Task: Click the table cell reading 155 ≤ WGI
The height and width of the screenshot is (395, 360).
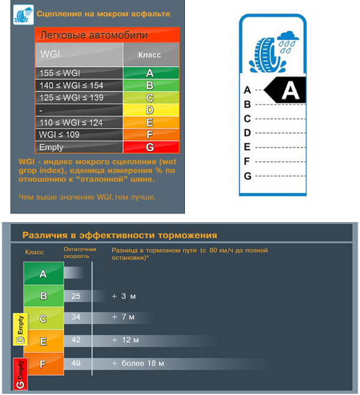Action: [x=79, y=73]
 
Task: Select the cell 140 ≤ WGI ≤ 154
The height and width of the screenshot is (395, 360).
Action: [x=79, y=85]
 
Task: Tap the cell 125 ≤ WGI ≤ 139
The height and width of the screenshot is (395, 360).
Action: [x=79, y=98]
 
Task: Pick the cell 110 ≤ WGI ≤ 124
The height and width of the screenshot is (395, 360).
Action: [x=79, y=122]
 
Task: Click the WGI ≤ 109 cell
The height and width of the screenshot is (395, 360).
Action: [x=79, y=135]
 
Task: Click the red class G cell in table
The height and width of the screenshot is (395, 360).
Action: [x=149, y=147]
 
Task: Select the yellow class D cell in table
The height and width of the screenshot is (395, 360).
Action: [x=149, y=110]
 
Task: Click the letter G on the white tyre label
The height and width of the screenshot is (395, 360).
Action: [x=247, y=176]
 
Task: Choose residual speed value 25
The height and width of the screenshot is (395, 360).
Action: [x=76, y=296]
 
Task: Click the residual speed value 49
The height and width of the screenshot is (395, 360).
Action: [x=76, y=363]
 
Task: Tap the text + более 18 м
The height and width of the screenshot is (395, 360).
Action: [x=137, y=363]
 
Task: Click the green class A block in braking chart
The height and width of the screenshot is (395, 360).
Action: [x=43, y=274]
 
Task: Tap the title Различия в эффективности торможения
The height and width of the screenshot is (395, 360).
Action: [x=119, y=235]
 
